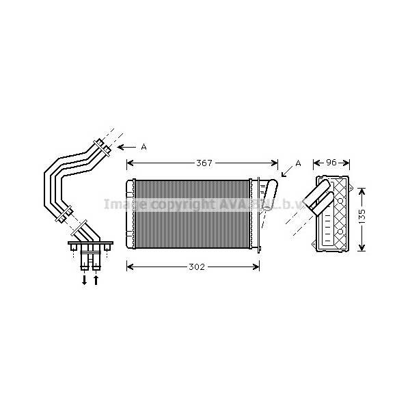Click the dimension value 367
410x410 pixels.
pyautogui.click(x=204, y=163)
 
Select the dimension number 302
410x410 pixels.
pyautogui.click(x=196, y=266)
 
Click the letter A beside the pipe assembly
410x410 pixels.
pyautogui.click(x=143, y=147)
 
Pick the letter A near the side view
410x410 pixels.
pyautogui.click(x=298, y=163)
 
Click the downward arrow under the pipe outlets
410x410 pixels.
pyautogui.click(x=85, y=279)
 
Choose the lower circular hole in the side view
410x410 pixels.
pyautogui.click(x=340, y=232)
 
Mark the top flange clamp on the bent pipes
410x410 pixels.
pyautogui.click(x=101, y=146)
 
